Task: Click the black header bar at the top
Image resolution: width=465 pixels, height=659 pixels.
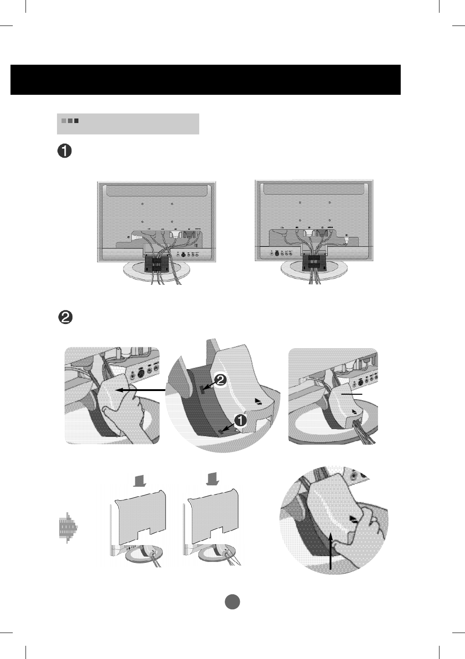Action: [x=205, y=80]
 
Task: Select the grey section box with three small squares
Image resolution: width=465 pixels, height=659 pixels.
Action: [x=128, y=124]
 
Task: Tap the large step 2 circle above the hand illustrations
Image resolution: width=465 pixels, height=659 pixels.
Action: [x=65, y=318]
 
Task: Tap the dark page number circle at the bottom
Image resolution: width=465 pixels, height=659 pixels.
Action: [x=232, y=602]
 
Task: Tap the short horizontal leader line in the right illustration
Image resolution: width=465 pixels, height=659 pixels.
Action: [x=352, y=393]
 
